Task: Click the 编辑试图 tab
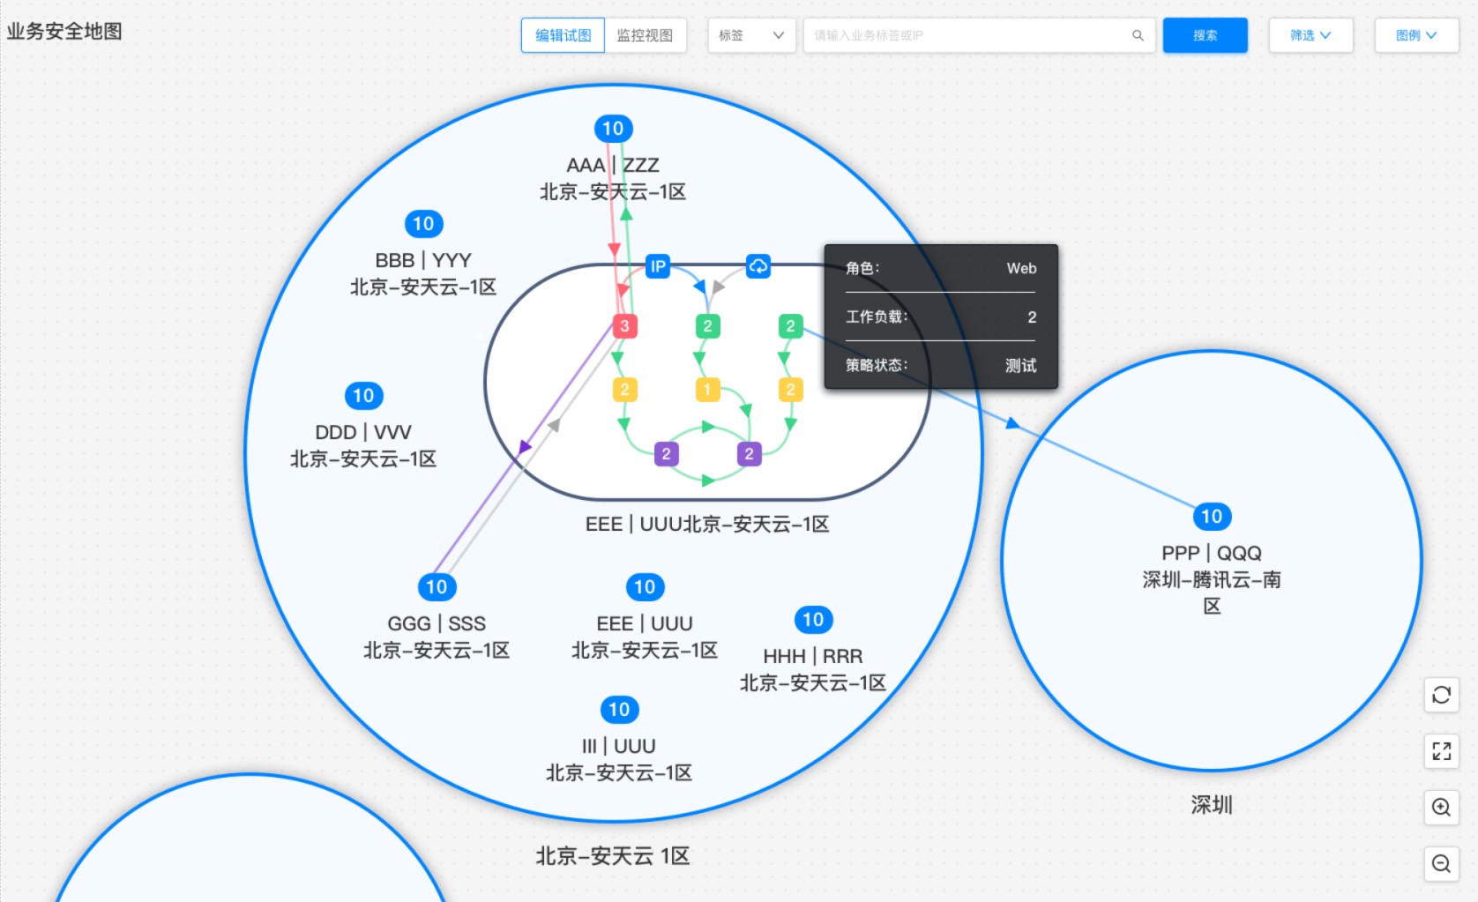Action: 562,35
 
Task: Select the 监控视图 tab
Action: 645,35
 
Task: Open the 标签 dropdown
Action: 751,35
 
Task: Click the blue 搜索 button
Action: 1205,35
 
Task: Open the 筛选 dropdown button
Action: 1310,35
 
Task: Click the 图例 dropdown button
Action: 1416,35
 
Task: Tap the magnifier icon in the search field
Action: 1138,35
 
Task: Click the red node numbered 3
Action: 625,326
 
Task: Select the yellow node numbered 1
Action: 708,390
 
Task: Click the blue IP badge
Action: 658,266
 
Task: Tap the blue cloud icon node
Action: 758,266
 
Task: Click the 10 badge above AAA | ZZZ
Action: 613,129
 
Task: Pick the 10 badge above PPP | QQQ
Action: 1212,517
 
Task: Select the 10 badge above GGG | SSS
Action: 437,587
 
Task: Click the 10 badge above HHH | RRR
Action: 813,620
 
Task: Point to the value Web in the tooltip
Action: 1021,269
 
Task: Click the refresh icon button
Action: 1442,695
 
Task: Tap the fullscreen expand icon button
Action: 1442,751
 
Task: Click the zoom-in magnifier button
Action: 1442,807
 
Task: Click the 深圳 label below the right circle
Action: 1212,805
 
